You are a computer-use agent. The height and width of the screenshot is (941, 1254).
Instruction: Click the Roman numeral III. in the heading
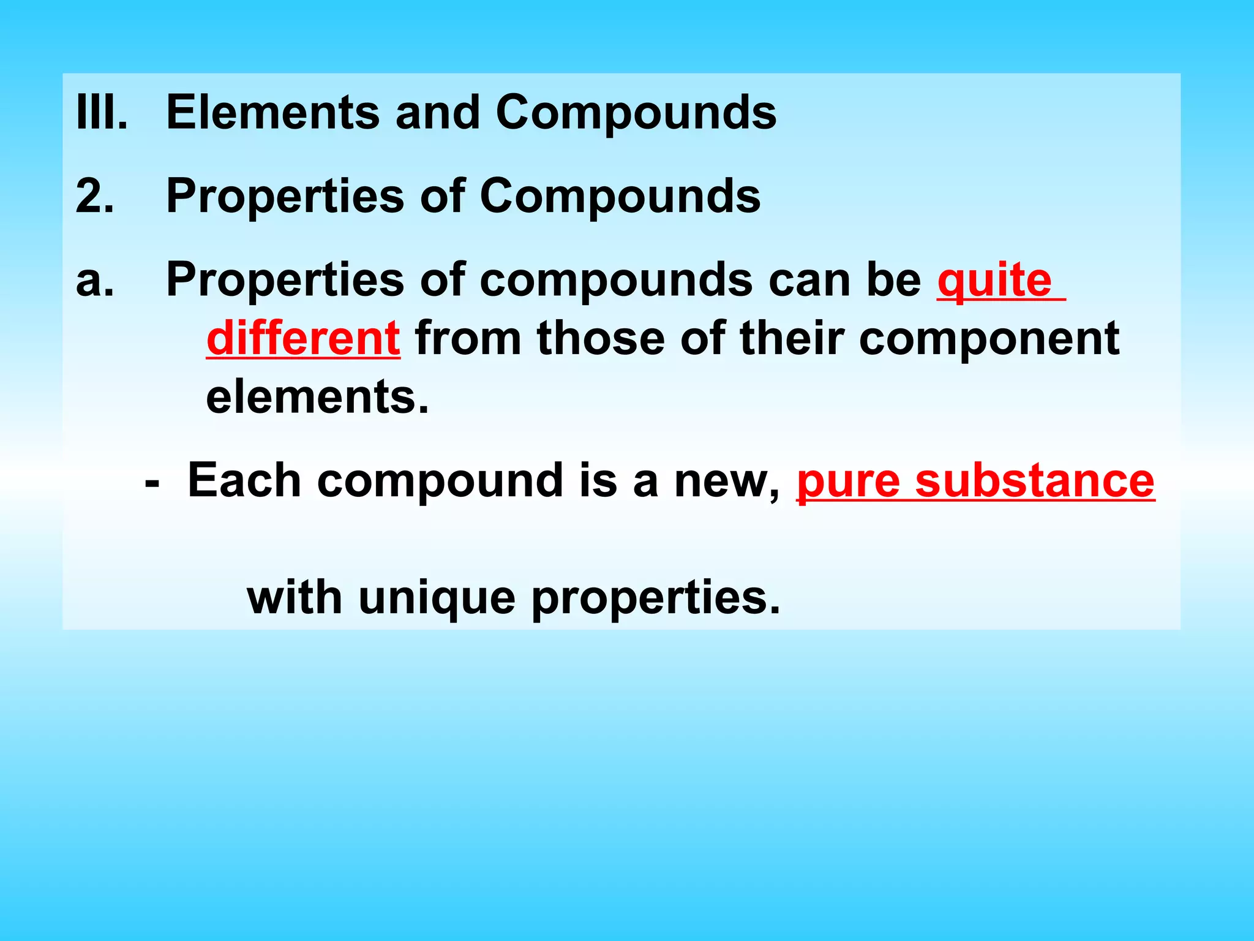pos(101,112)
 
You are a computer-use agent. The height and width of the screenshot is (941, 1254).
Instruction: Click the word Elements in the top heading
pos(273,112)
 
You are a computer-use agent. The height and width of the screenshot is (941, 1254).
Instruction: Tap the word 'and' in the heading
pos(438,112)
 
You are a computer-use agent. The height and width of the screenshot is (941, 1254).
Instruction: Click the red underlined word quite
pos(994,281)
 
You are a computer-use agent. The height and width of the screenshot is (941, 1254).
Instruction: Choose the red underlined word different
pos(304,338)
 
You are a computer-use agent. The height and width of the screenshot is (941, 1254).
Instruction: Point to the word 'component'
pos(989,339)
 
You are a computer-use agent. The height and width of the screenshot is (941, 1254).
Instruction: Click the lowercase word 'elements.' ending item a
pos(317,397)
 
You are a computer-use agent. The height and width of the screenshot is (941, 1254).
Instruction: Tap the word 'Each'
pos(244,480)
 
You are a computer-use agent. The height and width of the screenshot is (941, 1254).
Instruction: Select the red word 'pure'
pos(847,482)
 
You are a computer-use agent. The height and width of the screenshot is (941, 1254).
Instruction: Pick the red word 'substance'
pos(1035,480)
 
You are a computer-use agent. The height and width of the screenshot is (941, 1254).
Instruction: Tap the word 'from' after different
pos(468,338)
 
